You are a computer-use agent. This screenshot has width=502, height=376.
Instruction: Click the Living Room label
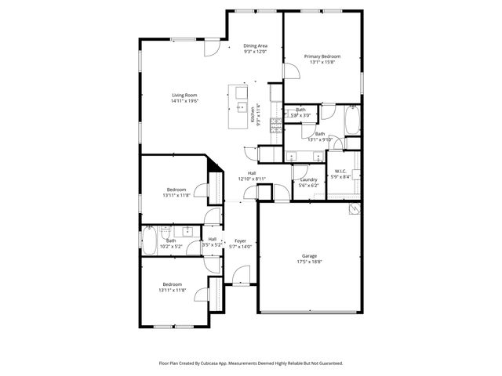point(184,96)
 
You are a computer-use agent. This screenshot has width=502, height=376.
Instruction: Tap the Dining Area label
point(255,46)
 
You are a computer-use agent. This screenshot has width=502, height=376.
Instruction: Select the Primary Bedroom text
point(322,56)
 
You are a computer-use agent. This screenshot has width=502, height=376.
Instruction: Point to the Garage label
point(310,256)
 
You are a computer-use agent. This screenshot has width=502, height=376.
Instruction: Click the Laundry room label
point(308,179)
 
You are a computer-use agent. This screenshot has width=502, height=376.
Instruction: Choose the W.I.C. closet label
point(341,171)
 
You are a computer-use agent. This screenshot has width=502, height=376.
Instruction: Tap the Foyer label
point(240,240)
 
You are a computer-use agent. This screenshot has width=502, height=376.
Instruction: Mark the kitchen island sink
point(240,107)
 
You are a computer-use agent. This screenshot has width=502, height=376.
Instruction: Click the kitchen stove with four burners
point(275,123)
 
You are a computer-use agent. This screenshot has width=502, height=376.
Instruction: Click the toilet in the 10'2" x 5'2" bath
point(166,233)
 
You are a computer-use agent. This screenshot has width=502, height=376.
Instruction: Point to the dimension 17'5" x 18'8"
point(310,262)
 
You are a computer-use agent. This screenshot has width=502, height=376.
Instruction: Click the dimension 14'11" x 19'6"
point(184,101)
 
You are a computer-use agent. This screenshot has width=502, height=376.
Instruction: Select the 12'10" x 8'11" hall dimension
point(252,179)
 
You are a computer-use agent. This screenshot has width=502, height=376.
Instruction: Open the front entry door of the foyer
point(241,277)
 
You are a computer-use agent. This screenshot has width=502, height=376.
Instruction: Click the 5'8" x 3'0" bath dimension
point(300,115)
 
